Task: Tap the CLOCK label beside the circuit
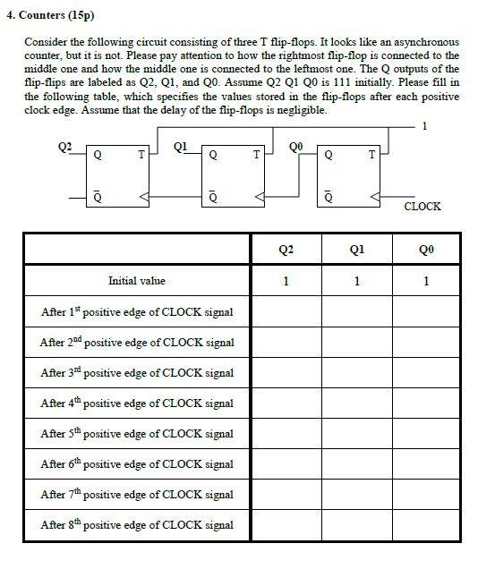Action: [x=422, y=207]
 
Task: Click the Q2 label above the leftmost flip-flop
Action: [x=64, y=145]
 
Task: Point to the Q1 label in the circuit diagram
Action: [x=180, y=145]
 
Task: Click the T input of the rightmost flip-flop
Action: [x=371, y=155]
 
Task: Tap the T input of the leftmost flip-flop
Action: [x=140, y=155]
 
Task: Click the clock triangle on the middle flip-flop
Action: [x=260, y=196]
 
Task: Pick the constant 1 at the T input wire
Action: [x=424, y=126]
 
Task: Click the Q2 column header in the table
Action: [x=286, y=251]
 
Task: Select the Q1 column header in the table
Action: [x=356, y=251]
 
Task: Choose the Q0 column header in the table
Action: [x=426, y=251]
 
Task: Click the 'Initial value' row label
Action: [x=136, y=281]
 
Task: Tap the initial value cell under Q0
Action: [x=426, y=281]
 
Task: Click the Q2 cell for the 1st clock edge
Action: [x=286, y=311]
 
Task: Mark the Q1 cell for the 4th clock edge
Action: [x=356, y=403]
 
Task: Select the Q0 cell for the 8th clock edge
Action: [x=426, y=524]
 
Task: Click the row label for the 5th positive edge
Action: [x=136, y=433]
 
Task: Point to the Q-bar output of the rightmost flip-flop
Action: [x=328, y=196]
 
